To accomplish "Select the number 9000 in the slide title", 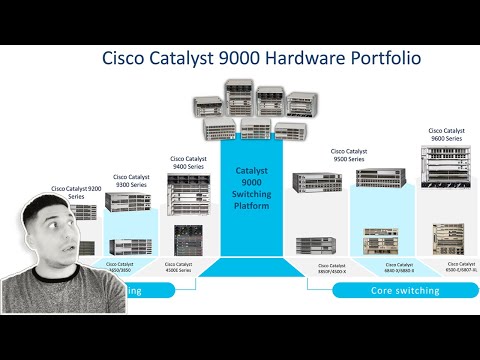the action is point(229,58).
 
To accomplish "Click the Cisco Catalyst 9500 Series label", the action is point(350,156).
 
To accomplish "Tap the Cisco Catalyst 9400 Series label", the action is point(190,161).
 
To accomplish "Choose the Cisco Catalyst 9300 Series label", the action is point(132,181).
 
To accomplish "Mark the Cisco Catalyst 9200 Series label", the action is point(76,192).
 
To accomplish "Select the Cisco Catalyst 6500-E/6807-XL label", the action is point(448,266).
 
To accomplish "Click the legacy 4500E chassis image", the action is point(187,240).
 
